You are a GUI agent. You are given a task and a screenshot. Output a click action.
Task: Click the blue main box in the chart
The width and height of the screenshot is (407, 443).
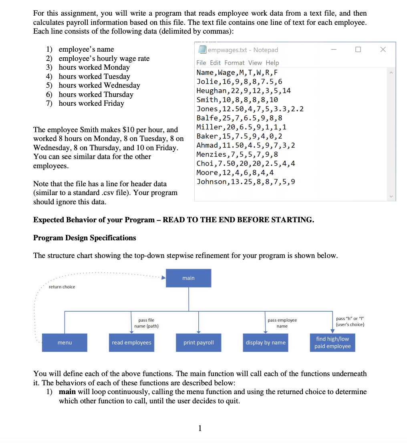click(188, 278)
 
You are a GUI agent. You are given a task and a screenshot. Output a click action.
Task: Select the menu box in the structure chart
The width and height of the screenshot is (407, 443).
click(64, 342)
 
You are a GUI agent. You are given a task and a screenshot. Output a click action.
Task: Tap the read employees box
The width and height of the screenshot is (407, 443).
click(131, 342)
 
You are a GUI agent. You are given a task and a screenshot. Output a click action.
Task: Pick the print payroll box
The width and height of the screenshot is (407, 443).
click(199, 342)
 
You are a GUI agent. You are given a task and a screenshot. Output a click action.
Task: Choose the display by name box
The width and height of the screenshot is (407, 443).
click(266, 342)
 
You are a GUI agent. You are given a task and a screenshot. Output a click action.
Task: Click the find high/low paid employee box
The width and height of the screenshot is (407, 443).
click(332, 342)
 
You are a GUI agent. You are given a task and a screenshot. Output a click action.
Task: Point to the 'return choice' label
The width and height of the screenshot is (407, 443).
click(62, 287)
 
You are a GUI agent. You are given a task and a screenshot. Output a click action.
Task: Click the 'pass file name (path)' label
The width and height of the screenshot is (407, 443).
click(146, 323)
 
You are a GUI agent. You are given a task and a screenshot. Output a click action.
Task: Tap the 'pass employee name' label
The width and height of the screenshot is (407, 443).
click(282, 323)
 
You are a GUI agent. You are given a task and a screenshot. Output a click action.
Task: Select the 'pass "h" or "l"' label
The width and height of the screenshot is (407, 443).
click(350, 321)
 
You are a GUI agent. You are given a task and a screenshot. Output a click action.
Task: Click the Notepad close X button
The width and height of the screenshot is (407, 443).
click(383, 49)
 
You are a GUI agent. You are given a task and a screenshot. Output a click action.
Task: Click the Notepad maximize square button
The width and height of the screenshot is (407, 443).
click(358, 49)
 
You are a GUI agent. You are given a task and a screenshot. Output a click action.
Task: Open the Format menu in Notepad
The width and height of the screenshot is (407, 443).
click(234, 63)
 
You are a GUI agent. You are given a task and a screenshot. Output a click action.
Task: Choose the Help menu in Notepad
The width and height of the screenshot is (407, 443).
click(272, 63)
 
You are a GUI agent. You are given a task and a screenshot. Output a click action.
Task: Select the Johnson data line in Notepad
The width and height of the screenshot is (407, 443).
click(246, 182)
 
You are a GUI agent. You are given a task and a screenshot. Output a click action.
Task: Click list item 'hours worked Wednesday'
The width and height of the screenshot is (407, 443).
click(99, 85)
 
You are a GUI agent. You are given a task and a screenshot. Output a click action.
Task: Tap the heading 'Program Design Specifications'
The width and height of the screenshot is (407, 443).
click(85, 238)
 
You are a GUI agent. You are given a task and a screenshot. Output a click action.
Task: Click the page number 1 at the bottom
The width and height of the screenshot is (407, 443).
click(200, 429)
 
